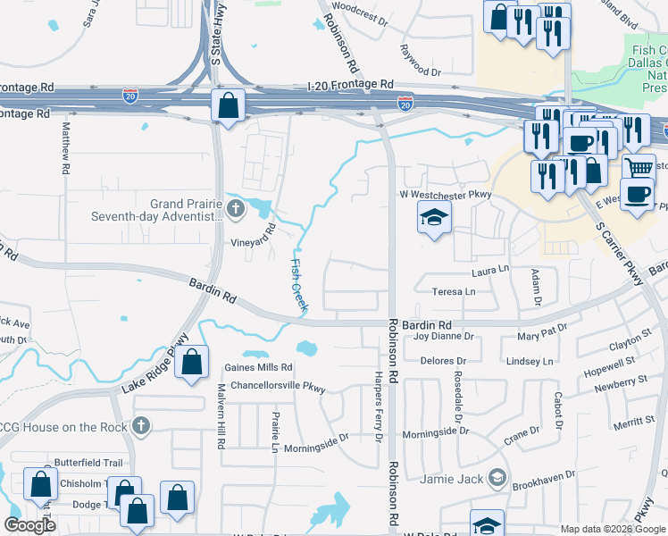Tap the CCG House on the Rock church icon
[140, 427]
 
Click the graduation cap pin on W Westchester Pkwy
[434, 217]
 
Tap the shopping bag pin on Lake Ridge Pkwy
[192, 362]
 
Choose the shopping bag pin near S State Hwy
[230, 105]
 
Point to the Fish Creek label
[298, 285]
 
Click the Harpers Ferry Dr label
[378, 407]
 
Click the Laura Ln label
[490, 268]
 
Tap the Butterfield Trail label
[88, 462]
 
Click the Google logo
[30, 525]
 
